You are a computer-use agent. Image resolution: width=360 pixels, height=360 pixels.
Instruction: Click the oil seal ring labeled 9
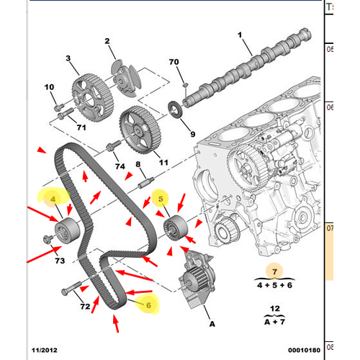pos(176,110)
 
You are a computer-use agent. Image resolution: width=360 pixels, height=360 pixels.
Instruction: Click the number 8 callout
pos(140,165)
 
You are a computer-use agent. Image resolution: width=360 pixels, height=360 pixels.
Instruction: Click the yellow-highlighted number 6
pos(149,304)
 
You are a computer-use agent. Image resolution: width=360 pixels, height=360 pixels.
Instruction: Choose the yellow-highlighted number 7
pos(274,271)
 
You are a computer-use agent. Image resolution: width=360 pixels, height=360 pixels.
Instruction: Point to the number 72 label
pos(85,307)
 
